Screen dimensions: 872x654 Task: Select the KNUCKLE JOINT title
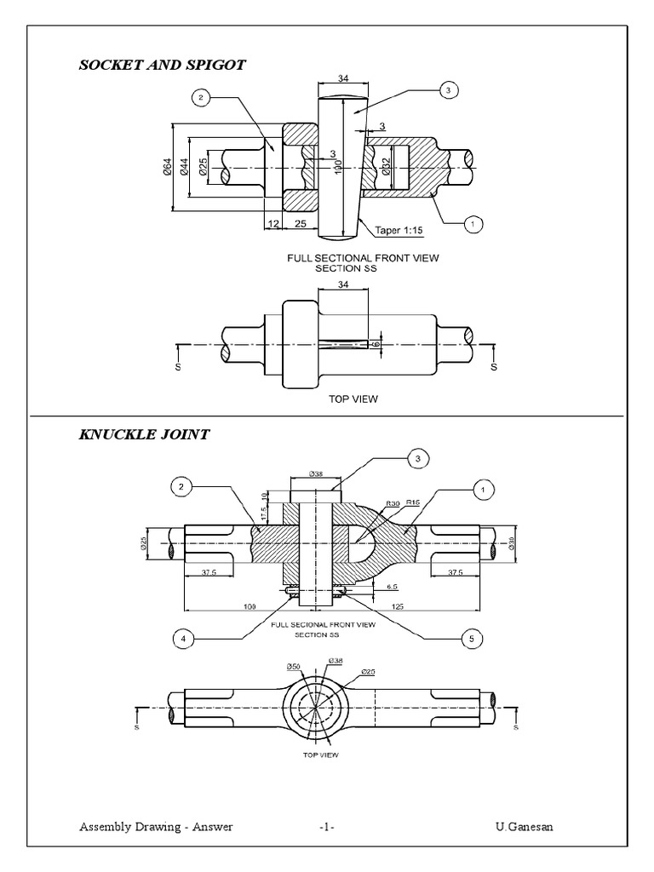pyautogui.click(x=144, y=434)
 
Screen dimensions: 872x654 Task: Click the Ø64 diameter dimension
pyautogui.click(x=167, y=168)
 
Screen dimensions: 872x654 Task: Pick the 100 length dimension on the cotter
pyautogui.click(x=338, y=165)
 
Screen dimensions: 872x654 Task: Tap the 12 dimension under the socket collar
pyautogui.click(x=272, y=222)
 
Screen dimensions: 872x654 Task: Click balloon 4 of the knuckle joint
pyautogui.click(x=180, y=637)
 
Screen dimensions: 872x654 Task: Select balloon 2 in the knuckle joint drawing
pyautogui.click(x=180, y=487)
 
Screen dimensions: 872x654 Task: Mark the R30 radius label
pyautogui.click(x=392, y=504)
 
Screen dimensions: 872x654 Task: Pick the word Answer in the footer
pyautogui.click(x=212, y=827)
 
